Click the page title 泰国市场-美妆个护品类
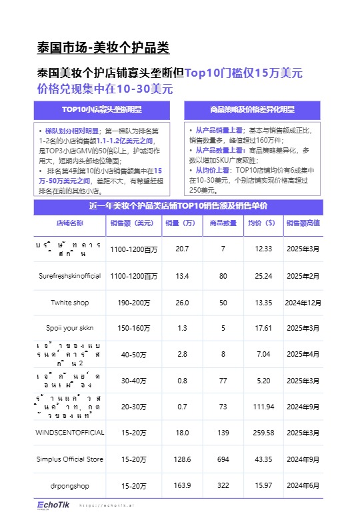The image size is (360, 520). point(103,48)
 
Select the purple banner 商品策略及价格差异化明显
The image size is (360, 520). point(252,109)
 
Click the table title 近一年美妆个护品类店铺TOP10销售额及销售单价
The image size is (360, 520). point(179,206)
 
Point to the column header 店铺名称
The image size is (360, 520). point(69,223)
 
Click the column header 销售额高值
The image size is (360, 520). point(303,223)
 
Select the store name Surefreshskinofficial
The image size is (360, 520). point(69,276)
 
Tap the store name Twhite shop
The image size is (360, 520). point(69,303)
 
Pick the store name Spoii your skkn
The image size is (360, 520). point(69,329)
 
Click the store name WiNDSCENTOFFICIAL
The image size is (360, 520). point(69,433)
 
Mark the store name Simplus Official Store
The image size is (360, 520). point(69,459)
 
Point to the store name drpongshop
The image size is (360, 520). point(69,485)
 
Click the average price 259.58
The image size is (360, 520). point(264,433)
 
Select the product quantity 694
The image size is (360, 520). point(223,459)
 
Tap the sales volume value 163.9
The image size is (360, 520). point(182,485)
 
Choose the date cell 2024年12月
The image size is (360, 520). point(303,303)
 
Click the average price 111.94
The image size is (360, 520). point(264,407)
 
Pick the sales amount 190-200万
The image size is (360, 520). point(133,303)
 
